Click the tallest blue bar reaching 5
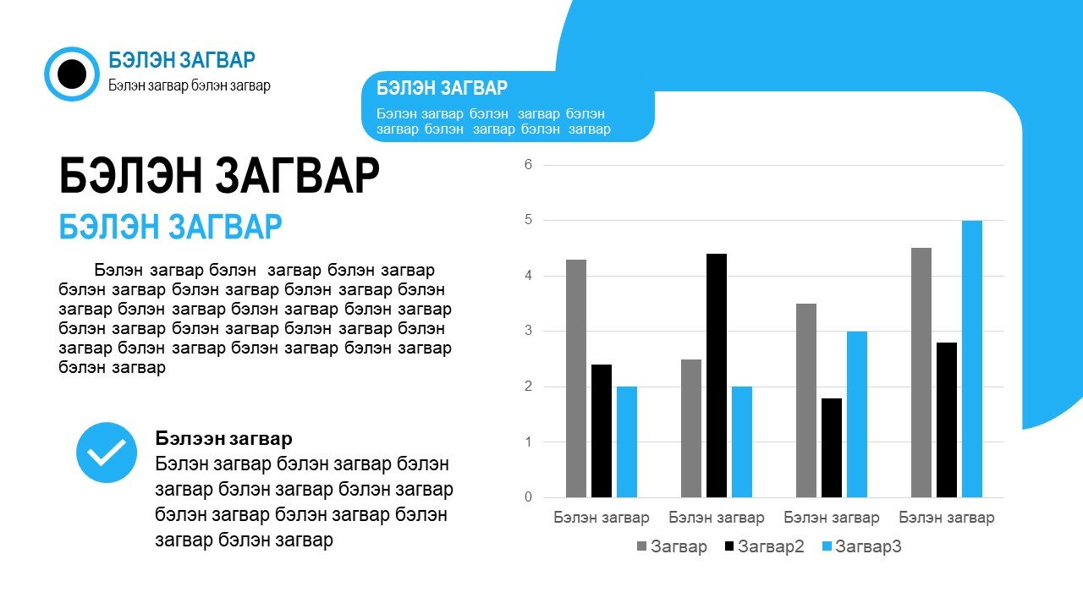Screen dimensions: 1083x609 [x=972, y=359]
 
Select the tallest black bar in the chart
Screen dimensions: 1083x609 [x=716, y=376]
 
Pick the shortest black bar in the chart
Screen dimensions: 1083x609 [x=831, y=448]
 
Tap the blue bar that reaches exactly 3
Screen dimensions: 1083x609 [x=857, y=414]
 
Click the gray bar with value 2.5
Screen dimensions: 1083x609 [x=691, y=428]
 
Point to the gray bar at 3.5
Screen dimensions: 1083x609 [x=806, y=401]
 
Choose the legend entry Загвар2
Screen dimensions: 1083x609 [x=764, y=546]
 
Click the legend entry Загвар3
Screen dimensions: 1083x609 [x=861, y=546]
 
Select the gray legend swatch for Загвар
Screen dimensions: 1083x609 [x=641, y=546]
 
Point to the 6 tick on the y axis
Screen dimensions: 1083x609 [x=528, y=165]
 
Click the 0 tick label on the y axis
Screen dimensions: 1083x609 [x=528, y=497]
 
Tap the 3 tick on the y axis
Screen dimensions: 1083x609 [x=528, y=331]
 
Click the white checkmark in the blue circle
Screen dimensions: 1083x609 [x=107, y=453]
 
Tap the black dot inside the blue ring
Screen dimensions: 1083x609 [x=72, y=74]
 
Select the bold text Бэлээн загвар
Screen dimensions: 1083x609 [x=223, y=438]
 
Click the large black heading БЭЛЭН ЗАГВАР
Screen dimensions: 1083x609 [x=219, y=175]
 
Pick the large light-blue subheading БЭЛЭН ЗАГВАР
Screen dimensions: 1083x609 [x=170, y=227]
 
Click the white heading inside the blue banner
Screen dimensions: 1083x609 [x=442, y=88]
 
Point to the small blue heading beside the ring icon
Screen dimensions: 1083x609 [x=182, y=60]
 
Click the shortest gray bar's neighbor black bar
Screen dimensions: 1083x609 [x=716, y=376]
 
